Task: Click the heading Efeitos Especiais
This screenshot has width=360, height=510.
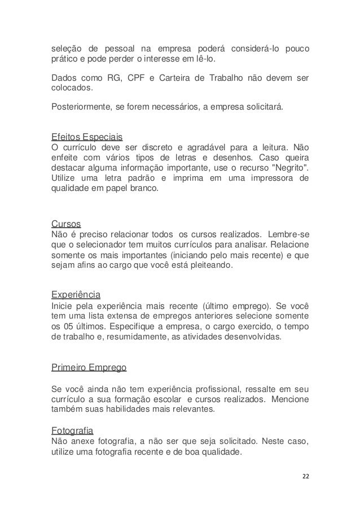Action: point(87,137)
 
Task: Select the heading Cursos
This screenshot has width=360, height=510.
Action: point(65,223)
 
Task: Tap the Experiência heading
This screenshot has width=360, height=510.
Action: point(76,294)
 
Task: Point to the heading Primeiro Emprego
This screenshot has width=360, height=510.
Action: point(89,367)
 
